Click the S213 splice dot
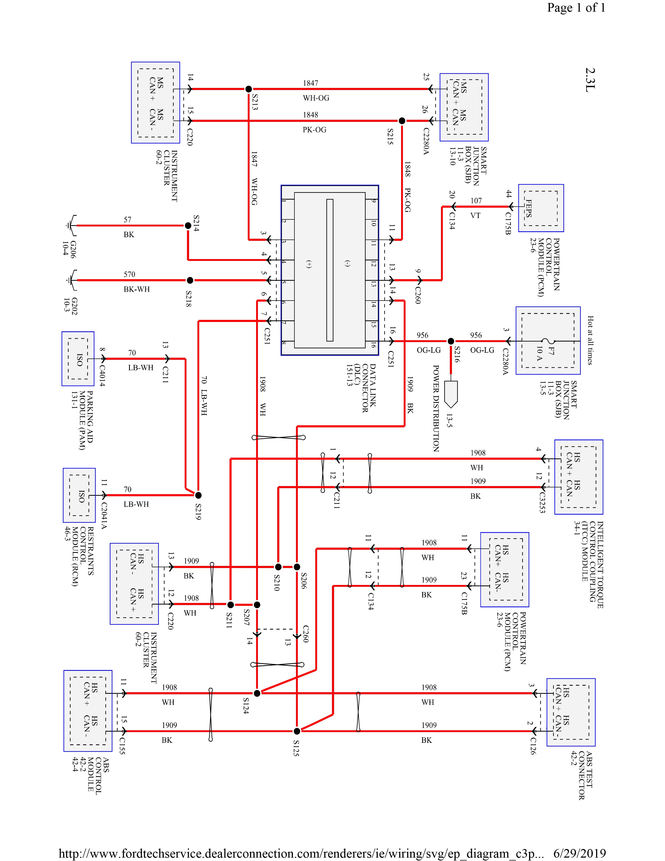[249, 89]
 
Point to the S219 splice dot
[198, 495]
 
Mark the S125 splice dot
[297, 731]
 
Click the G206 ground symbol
[71, 225]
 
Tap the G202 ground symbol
[71, 280]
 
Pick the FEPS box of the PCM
[541, 208]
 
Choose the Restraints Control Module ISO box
[79, 495]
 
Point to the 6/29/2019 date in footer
[579, 853]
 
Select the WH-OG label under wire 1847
[316, 98]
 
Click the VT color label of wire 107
[475, 216]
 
